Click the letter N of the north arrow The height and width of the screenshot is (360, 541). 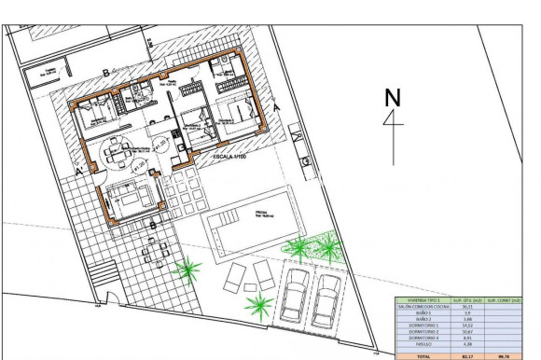(393, 96)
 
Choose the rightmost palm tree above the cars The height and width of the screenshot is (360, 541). (328, 246)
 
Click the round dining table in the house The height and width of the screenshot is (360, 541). (117, 149)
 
